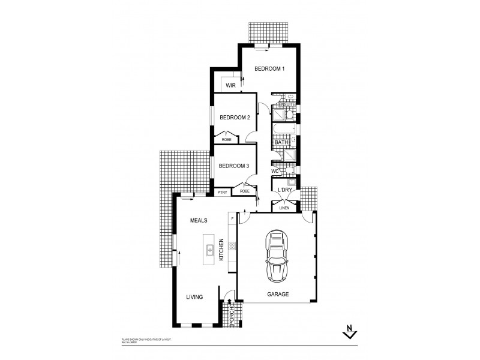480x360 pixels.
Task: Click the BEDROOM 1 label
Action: [x=269, y=69]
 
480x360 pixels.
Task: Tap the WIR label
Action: [x=230, y=86]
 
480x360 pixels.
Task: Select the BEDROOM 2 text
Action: [x=234, y=118]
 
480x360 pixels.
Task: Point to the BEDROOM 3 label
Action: [x=233, y=166]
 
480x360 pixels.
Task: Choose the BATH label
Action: [x=282, y=142]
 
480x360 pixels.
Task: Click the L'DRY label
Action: [x=284, y=190]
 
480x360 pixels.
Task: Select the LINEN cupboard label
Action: [x=284, y=208]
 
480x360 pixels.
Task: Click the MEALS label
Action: [x=199, y=221]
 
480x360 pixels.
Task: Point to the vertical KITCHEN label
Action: [x=221, y=249]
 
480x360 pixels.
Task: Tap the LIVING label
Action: [x=194, y=296]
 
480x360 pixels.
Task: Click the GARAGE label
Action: [x=278, y=294]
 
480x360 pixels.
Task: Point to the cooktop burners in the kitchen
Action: [x=232, y=245]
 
